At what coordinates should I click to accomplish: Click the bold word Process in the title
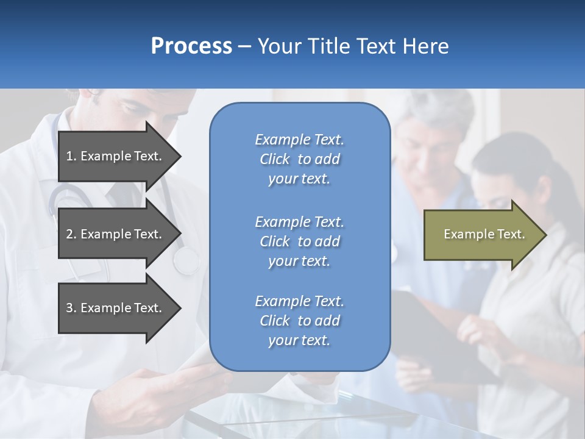(191, 46)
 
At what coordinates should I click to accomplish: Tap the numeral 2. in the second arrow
(71, 234)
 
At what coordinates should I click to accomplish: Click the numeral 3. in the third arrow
(71, 308)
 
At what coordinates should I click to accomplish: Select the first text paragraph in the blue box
(299, 159)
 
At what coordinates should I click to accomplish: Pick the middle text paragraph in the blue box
(299, 241)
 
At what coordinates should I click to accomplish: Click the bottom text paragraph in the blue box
(299, 321)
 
